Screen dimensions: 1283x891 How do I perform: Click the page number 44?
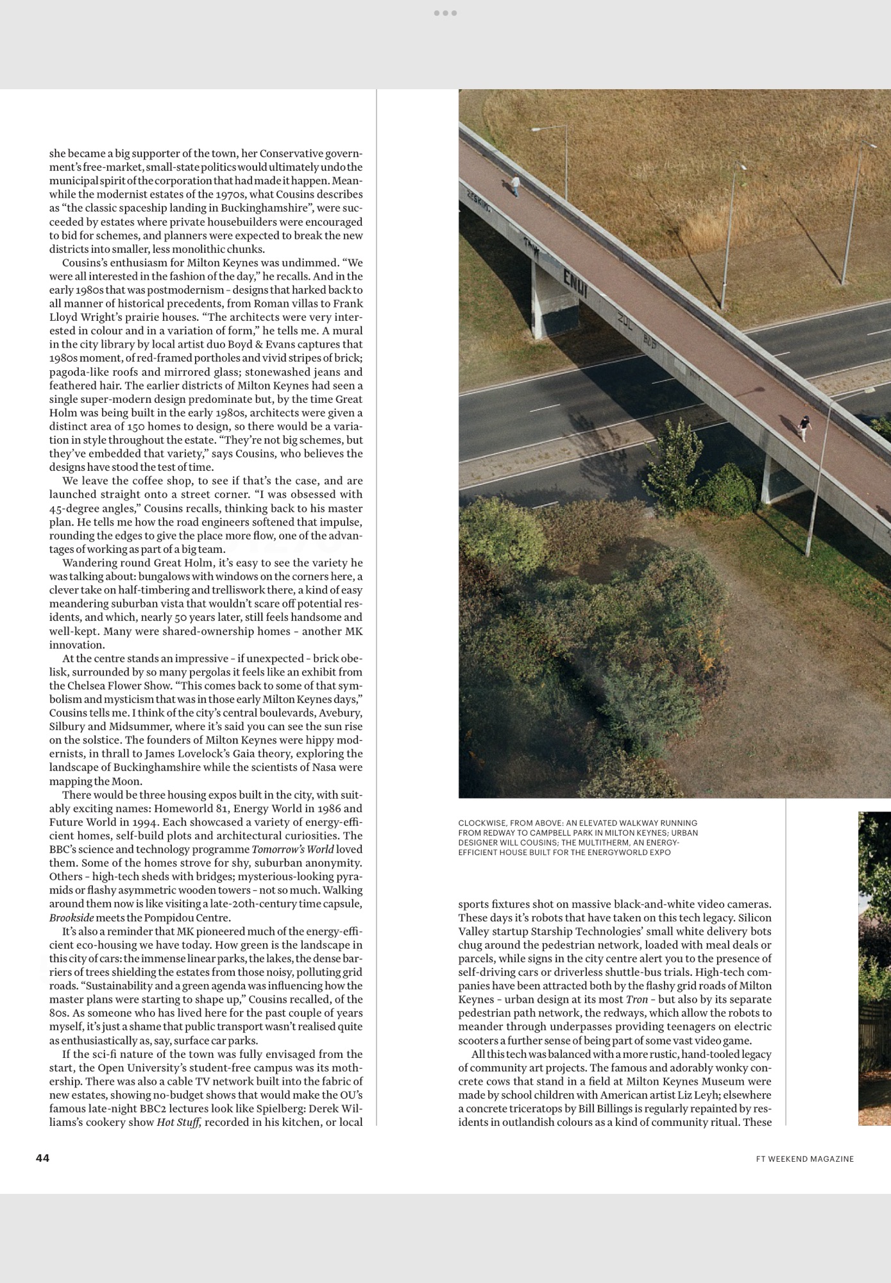tap(42, 1157)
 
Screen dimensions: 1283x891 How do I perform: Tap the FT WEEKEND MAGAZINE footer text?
tap(804, 1159)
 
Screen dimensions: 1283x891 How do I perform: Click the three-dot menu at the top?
tap(445, 13)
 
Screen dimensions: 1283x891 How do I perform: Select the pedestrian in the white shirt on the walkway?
tap(516, 185)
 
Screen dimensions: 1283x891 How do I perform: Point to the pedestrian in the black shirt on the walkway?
tap(804, 427)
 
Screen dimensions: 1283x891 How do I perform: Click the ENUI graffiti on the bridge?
tap(575, 283)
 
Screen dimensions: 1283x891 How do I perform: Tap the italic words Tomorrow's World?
tap(293, 849)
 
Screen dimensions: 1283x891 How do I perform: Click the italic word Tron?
tap(636, 999)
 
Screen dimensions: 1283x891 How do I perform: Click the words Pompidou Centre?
tap(187, 917)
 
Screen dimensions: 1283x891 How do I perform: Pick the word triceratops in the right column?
tap(536, 1109)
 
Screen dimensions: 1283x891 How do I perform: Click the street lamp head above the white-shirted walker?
tap(536, 130)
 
